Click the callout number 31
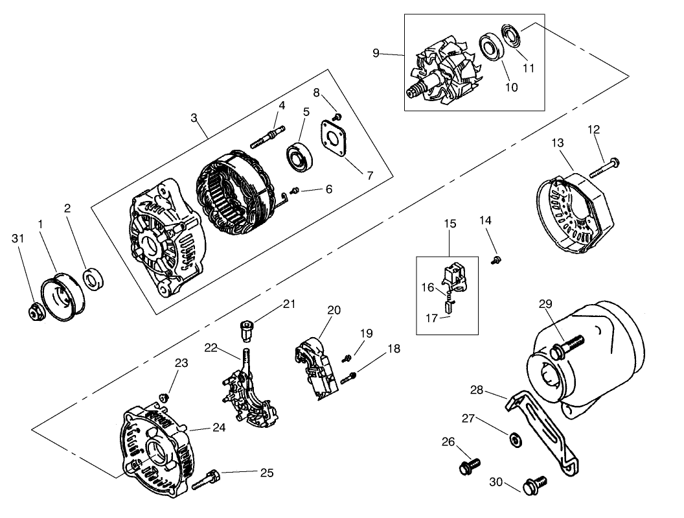18,239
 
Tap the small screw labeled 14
496,260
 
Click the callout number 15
450,224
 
